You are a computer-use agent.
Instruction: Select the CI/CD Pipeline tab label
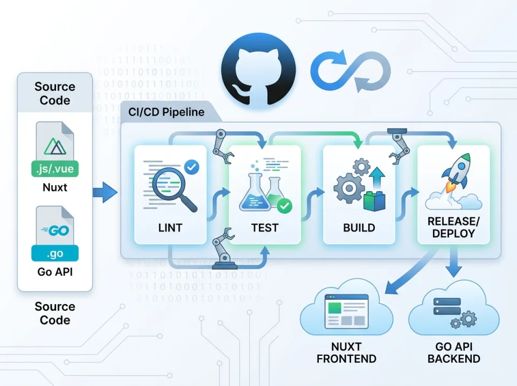[x=166, y=112]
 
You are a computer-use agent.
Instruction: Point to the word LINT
[x=170, y=228]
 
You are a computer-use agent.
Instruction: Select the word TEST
[x=264, y=228]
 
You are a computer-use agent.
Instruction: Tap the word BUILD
[x=359, y=228]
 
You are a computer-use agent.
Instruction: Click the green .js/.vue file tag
[x=54, y=170]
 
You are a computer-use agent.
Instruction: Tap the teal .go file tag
[x=54, y=252]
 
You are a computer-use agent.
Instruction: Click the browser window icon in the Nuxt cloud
[x=346, y=312]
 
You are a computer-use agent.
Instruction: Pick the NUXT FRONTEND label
[x=346, y=352]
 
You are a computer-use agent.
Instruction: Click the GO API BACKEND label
[x=453, y=352]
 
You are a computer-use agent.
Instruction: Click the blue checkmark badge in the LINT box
[x=191, y=167]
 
